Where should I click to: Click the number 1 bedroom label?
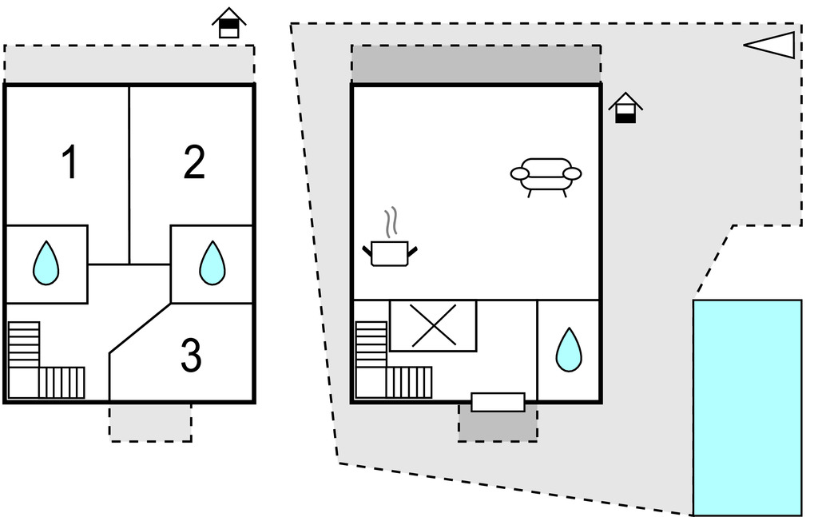tap(70, 163)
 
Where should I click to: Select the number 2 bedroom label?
tap(194, 163)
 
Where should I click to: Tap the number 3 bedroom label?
tap(191, 356)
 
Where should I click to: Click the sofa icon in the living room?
tap(546, 175)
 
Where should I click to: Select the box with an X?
tap(433, 326)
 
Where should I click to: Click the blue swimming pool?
tap(747, 408)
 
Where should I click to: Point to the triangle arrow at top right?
tap(772, 46)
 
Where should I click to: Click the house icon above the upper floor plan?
tap(229, 23)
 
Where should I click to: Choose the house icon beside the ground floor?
tap(625, 108)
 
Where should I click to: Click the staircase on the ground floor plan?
tap(391, 364)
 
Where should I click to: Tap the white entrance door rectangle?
tap(498, 402)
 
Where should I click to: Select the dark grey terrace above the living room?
tap(476, 64)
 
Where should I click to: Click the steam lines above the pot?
tap(391, 223)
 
